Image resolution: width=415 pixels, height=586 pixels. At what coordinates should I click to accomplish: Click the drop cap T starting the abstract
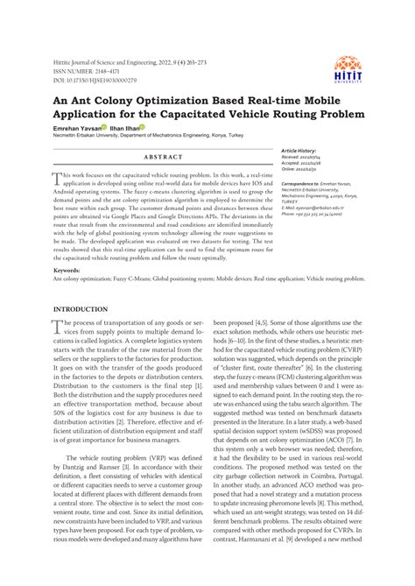pyautogui.click(x=59, y=178)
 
